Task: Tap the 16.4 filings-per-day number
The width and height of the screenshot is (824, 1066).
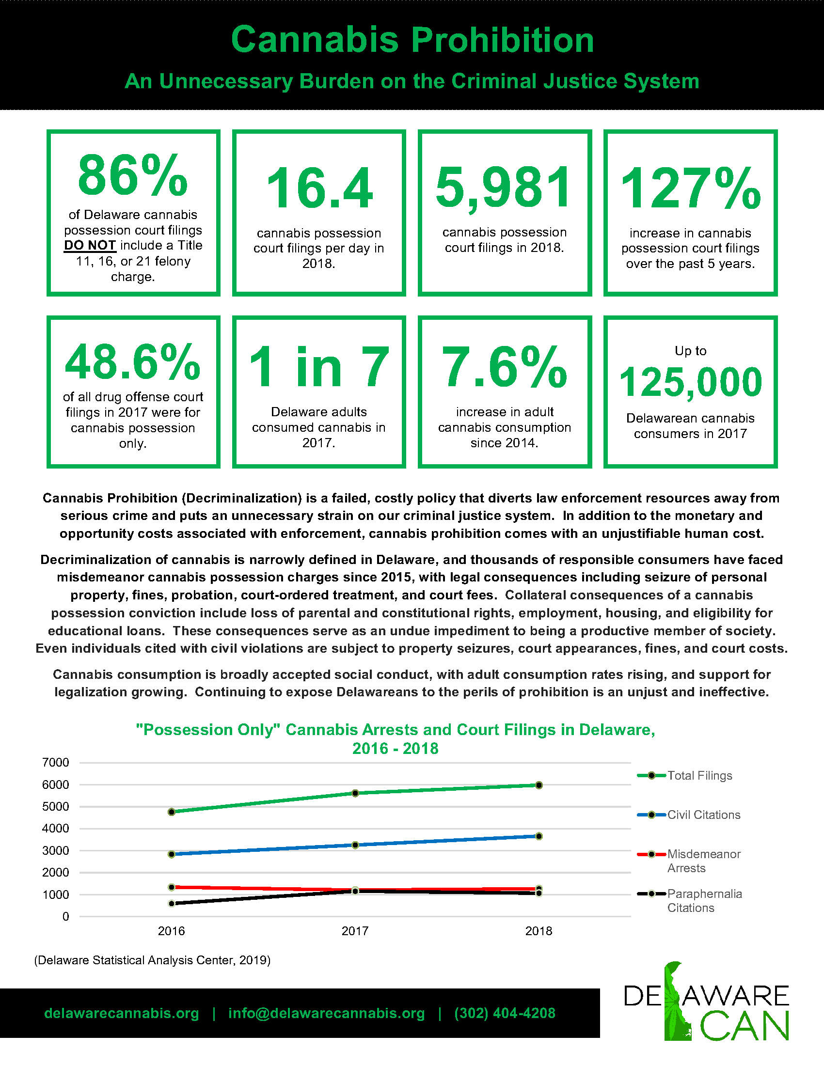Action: pos(319,188)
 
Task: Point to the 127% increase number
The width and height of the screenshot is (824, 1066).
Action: pos(690,188)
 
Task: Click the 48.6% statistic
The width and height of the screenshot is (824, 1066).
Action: pos(133,361)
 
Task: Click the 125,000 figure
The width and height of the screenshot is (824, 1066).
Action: pos(690,382)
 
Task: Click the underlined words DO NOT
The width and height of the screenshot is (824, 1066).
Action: pos(90,246)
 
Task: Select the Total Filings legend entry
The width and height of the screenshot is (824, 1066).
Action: pos(685,776)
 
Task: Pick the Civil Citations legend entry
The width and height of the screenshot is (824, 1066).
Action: pos(689,815)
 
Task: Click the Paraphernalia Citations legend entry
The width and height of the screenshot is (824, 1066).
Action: pos(690,901)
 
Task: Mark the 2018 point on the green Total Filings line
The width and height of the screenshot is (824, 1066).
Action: pos(539,785)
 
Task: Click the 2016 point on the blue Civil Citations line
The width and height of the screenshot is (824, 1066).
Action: pos(171,854)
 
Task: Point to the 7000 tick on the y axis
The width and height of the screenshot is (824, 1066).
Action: pos(56,762)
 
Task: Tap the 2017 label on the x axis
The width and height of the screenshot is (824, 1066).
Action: pos(355,931)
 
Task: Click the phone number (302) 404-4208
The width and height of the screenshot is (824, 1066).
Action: pos(505,1013)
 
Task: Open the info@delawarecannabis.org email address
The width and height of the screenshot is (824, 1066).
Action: pos(327,1013)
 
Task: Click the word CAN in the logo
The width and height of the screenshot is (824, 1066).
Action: pos(745,1027)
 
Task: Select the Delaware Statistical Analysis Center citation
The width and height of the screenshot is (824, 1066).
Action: pos(152,960)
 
